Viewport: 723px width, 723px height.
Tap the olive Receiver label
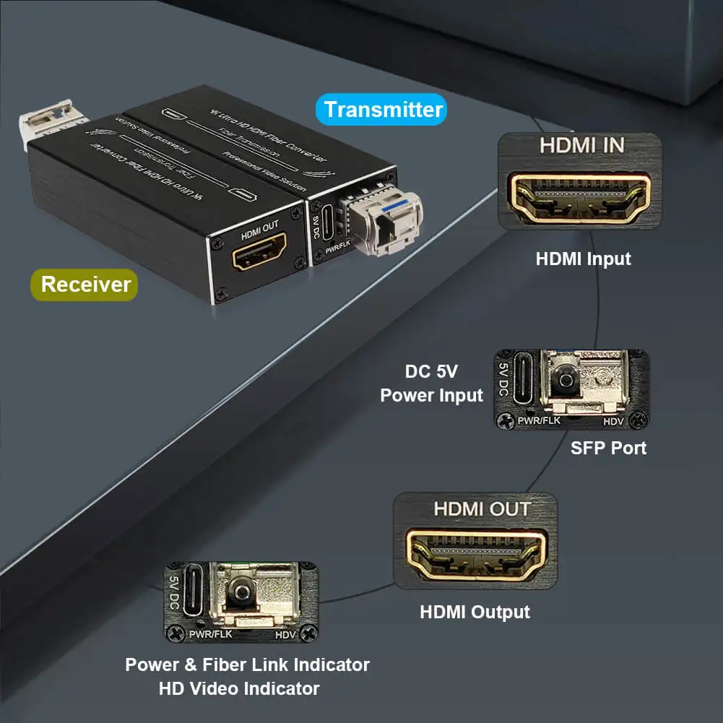(x=85, y=284)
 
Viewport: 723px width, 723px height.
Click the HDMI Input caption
(x=583, y=259)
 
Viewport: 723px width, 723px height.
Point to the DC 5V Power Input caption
(x=431, y=384)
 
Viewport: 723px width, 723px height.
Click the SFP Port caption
(x=608, y=448)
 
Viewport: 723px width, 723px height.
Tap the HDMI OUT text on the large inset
(x=476, y=508)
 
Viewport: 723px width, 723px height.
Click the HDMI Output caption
(x=475, y=612)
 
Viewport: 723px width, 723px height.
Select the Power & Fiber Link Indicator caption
(x=247, y=664)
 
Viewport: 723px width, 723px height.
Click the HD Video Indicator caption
(x=239, y=688)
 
